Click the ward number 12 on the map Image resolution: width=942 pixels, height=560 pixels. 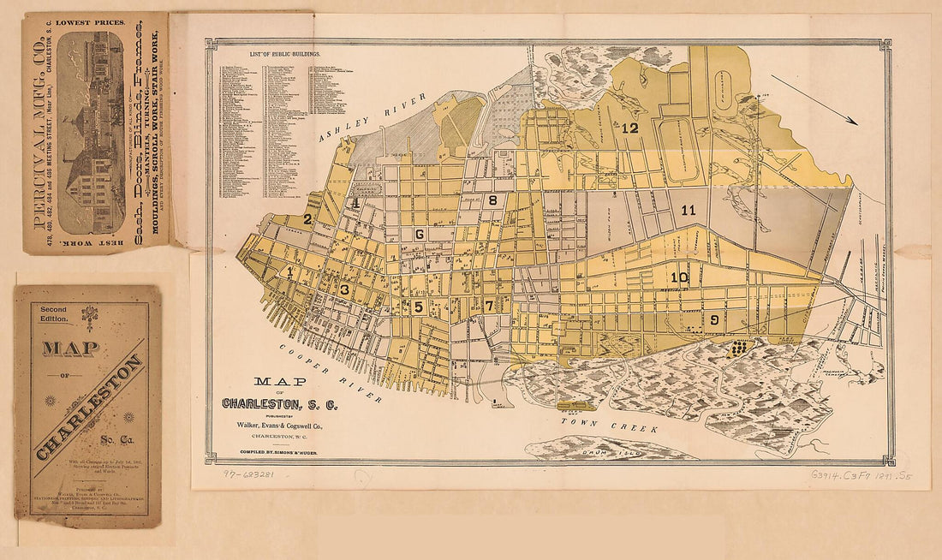tap(630, 128)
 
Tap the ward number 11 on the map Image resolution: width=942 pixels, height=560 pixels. tap(689, 210)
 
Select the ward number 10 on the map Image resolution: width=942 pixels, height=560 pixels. tap(679, 277)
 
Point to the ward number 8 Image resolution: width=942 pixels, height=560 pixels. tap(492, 200)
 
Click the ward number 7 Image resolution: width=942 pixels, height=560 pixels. tap(489, 306)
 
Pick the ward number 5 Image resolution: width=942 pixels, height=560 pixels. tap(419, 307)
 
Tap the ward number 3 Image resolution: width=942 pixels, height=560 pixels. tap(344, 289)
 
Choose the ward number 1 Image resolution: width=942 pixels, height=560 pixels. tap(290, 272)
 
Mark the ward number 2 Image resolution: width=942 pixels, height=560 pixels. tap(307, 219)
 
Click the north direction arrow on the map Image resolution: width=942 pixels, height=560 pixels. tap(821, 106)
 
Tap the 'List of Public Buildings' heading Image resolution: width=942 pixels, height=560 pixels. tap(284, 54)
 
